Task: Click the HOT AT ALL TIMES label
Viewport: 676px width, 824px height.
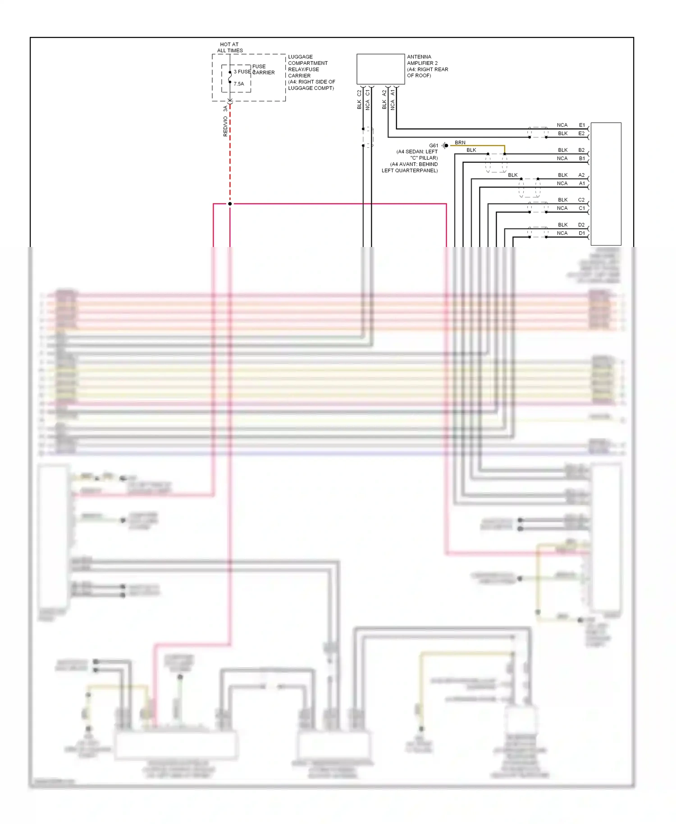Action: [230, 47]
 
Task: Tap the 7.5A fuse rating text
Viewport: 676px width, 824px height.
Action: [239, 84]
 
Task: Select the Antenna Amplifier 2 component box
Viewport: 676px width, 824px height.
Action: [380, 69]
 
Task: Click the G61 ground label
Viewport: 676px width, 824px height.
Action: [433, 146]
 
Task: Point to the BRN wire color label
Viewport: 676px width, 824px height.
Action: [460, 142]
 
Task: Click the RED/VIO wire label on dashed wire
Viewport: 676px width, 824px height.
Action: [225, 126]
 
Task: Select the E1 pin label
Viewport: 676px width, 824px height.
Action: [582, 125]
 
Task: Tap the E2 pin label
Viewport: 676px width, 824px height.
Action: [581, 133]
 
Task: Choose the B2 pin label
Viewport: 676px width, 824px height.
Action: [581, 150]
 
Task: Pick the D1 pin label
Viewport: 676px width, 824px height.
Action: [581, 233]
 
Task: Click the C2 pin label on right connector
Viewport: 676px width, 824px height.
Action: [581, 200]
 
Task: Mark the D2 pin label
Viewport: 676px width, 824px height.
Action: [581, 224]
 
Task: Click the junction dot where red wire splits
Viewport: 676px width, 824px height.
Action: [230, 204]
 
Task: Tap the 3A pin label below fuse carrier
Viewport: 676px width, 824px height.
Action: [225, 109]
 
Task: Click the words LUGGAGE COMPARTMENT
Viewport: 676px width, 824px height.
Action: [308, 60]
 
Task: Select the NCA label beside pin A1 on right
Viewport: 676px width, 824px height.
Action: [562, 183]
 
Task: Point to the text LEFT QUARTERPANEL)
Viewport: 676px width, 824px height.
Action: [409, 170]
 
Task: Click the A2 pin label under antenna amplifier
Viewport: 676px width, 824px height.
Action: [384, 93]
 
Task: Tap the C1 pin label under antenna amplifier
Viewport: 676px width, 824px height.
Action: [368, 93]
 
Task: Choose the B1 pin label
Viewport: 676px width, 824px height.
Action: [581, 158]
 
